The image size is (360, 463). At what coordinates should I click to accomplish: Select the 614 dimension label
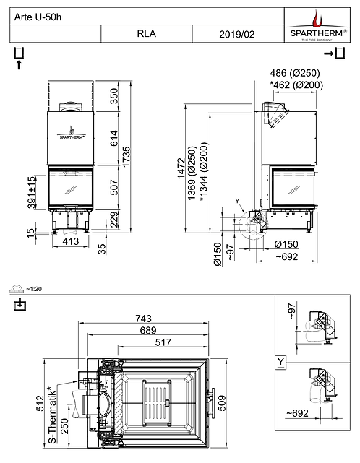pos(113,139)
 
